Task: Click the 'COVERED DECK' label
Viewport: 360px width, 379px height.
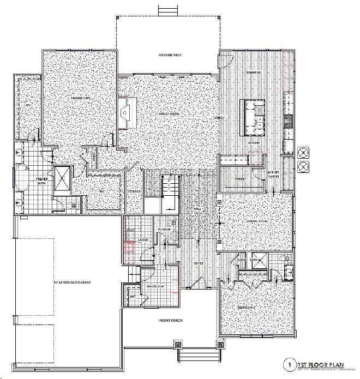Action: [x=169, y=56]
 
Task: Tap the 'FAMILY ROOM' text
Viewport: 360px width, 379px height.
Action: [x=170, y=113]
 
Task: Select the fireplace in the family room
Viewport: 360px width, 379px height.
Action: [x=127, y=113]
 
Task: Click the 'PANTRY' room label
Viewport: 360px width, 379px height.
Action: [x=239, y=178]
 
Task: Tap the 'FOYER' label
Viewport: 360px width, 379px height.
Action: [x=199, y=263]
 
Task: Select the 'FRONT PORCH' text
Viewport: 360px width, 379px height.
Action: [x=170, y=320]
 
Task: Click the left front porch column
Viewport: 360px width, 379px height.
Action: [x=178, y=344]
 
